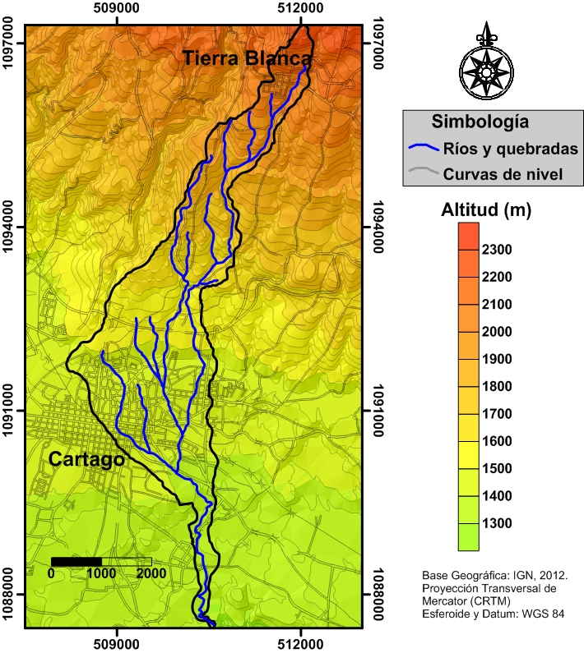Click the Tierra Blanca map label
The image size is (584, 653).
(x=247, y=58)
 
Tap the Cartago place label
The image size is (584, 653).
(x=86, y=459)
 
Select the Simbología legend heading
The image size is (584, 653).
(x=480, y=122)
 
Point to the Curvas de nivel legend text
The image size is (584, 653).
(x=503, y=174)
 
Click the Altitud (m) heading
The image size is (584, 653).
(x=487, y=210)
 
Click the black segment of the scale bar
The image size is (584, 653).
(x=76, y=562)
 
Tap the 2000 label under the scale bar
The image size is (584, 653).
(x=151, y=574)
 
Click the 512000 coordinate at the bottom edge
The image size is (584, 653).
(x=301, y=643)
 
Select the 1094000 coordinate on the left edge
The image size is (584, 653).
(x=11, y=228)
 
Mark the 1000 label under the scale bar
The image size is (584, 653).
(x=101, y=574)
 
